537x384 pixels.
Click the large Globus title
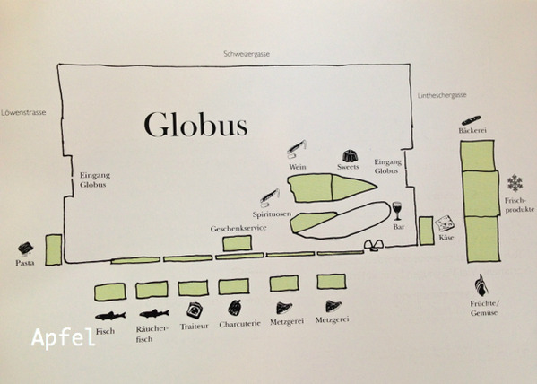[x=195, y=125]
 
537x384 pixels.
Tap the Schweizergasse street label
[x=247, y=54]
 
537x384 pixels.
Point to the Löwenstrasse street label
[x=23, y=112]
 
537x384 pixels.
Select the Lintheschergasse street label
[x=442, y=95]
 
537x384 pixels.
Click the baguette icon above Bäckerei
[x=472, y=120]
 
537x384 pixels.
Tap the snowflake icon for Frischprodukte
[x=515, y=183]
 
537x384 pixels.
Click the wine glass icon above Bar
[x=397, y=211]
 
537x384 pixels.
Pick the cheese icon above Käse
[x=445, y=224]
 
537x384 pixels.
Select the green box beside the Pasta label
[x=54, y=250]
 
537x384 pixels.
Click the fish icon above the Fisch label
[x=110, y=316]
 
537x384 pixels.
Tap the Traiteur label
[x=195, y=327]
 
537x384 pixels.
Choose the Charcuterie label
[x=239, y=324]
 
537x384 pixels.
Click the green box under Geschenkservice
[x=237, y=243]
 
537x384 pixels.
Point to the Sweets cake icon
[x=350, y=156]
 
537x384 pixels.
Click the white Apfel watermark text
[x=63, y=337]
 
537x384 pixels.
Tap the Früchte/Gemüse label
[x=484, y=309]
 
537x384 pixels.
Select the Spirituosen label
[x=272, y=214]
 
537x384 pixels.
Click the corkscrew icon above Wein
[x=297, y=149]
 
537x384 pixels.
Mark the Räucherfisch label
[x=152, y=334]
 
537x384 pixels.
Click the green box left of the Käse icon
[x=427, y=231]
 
